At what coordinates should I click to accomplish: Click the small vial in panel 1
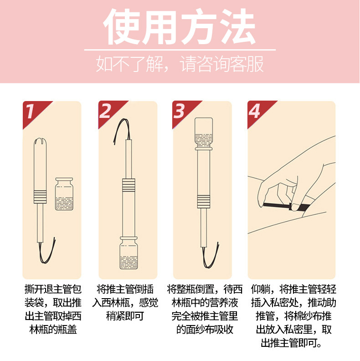64,194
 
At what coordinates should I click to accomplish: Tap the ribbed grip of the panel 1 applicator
40,197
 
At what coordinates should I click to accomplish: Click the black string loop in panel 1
46,251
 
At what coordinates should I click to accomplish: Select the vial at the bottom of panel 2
129,253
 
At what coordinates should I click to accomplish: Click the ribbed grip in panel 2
129,185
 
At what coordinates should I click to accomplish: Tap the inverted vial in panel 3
204,134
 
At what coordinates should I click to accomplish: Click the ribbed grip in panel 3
204,202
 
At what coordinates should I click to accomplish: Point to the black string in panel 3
210,255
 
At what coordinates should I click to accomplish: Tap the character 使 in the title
121,26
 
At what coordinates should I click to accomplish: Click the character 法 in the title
237,26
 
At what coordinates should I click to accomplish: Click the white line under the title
180,50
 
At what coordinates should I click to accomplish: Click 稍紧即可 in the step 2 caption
125,316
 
